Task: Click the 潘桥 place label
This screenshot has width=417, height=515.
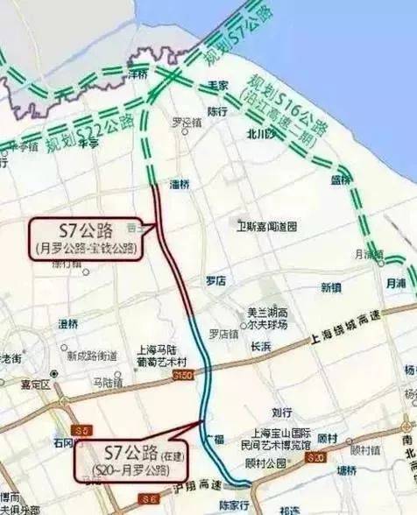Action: pos(180,183)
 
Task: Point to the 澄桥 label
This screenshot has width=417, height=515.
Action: pos(68,323)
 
